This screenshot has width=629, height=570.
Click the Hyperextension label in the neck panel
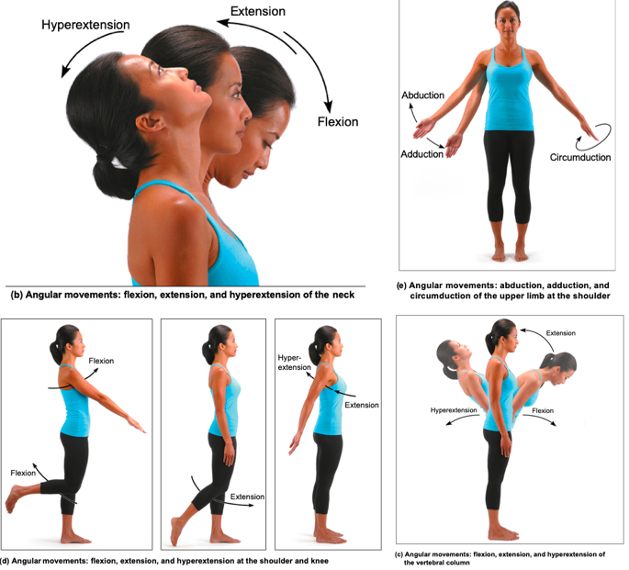coord(85,25)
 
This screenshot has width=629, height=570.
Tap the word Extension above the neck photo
coord(257,11)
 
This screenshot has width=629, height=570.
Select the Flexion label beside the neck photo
coord(338,121)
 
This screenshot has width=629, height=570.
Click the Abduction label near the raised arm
coord(422,95)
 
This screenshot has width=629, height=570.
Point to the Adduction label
coord(422,154)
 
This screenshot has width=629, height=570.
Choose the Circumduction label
coord(580,157)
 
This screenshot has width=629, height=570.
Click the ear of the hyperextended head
coord(151,121)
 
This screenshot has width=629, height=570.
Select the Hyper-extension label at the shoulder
coord(294,363)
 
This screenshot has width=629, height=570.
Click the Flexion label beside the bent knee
coord(23,473)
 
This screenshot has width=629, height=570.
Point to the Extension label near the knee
coord(247,497)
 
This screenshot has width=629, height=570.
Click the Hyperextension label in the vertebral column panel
coord(454,410)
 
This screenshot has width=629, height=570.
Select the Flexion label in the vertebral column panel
coord(543,410)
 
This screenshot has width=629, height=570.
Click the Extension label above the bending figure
coord(560,333)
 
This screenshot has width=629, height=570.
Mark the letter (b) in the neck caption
coord(17,295)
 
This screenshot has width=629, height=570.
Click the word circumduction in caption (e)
coord(441,296)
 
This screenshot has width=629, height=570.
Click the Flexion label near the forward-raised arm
coord(101,361)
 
